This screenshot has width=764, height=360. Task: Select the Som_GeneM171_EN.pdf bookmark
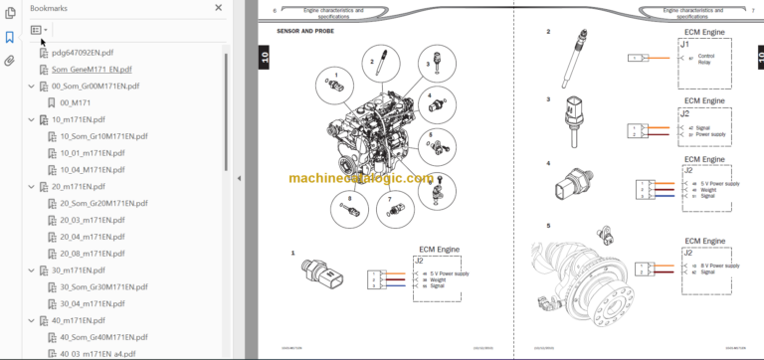pyautogui.click(x=91, y=70)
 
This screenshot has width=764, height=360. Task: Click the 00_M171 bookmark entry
pyautogui.click(x=76, y=102)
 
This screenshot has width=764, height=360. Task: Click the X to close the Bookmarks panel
pyautogui.click(x=219, y=7)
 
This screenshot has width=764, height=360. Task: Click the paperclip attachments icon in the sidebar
pyautogui.click(x=10, y=60)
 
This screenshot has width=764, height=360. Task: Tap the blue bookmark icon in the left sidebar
pyautogui.click(x=10, y=37)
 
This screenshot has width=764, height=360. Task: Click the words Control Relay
pyautogui.click(x=706, y=59)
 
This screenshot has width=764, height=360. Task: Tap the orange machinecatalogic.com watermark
pyautogui.click(x=362, y=180)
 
